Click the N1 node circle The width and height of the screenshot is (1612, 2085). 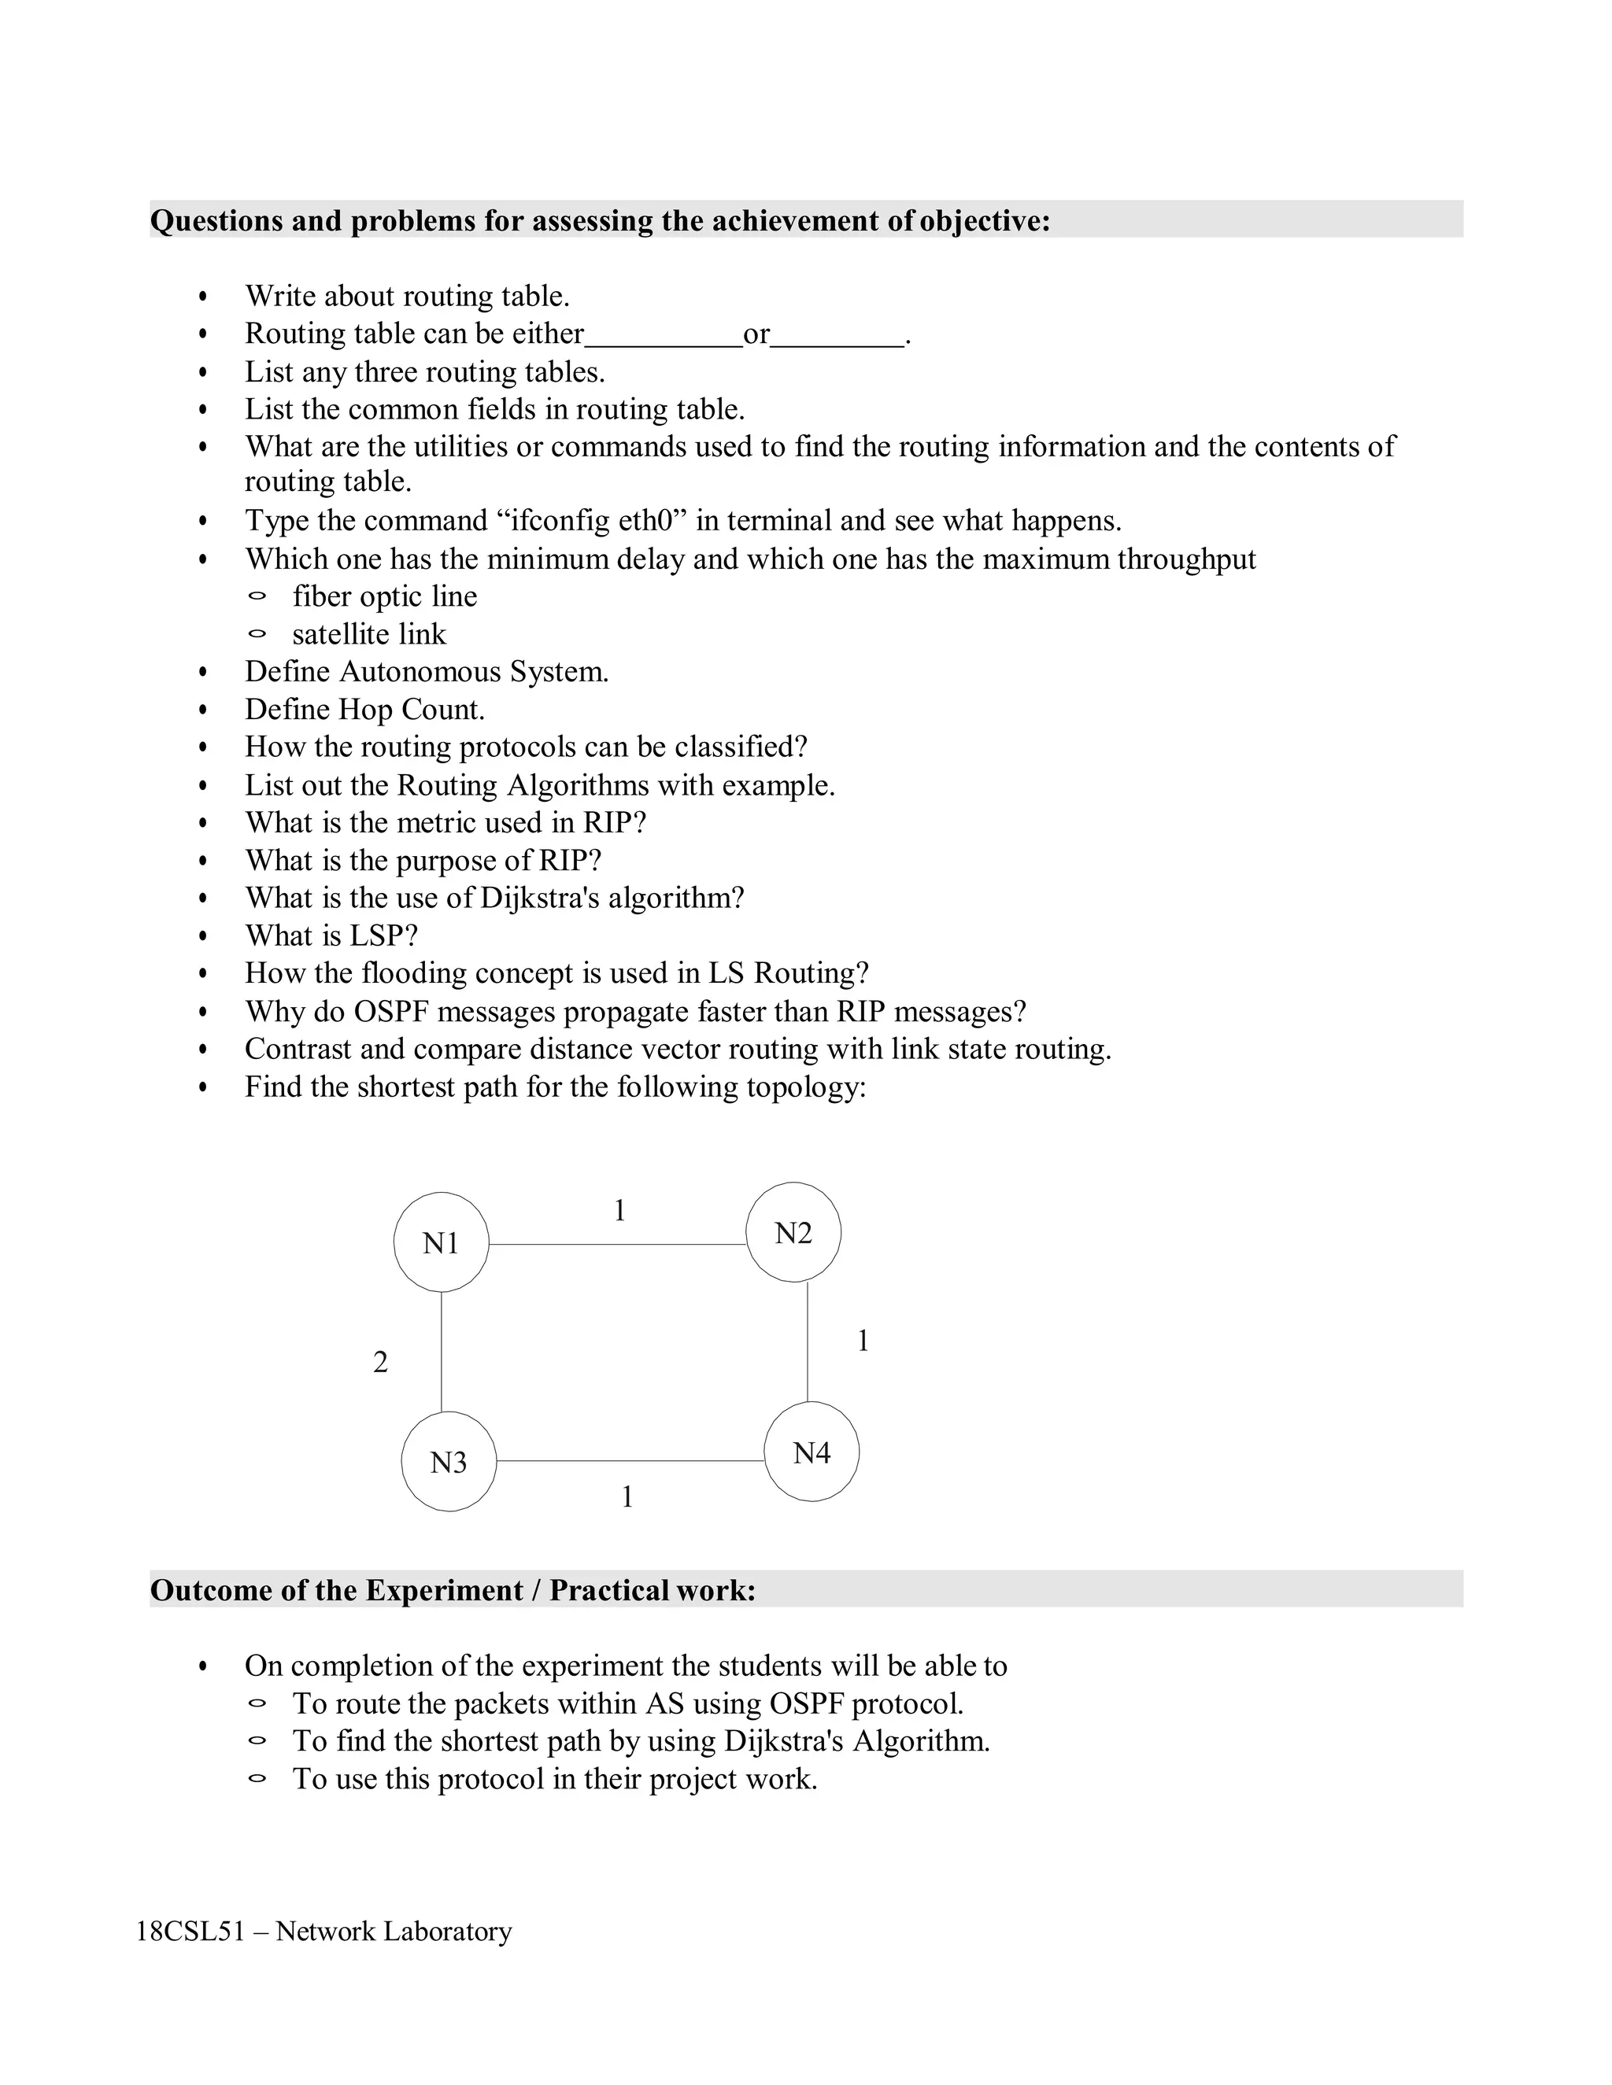(442, 1242)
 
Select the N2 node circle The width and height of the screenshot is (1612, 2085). (793, 1232)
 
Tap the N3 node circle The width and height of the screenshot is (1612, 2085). (448, 1462)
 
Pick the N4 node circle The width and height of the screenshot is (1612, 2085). (811, 1452)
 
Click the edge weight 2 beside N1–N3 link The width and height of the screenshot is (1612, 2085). (380, 1362)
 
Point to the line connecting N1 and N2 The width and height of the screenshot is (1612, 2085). (616, 1244)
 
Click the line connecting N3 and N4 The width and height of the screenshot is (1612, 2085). (630, 1460)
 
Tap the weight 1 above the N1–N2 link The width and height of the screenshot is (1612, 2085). (619, 1211)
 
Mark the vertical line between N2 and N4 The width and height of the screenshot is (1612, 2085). (808, 1341)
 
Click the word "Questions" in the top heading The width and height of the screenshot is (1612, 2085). (216, 220)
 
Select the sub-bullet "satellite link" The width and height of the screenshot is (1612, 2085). (368, 634)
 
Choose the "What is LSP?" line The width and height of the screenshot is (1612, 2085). (331, 935)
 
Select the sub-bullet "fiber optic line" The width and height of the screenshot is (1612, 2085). (384, 596)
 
